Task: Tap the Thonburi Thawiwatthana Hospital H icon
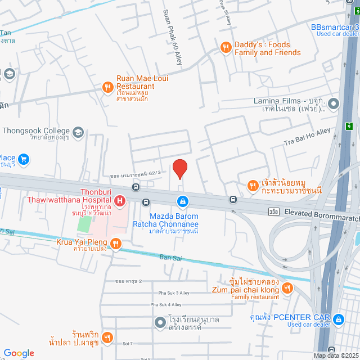(119, 201)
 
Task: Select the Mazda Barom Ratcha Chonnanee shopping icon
(183, 201)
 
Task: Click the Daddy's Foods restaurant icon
(225, 48)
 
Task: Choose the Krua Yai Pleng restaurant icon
(115, 243)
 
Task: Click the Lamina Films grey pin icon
(334, 103)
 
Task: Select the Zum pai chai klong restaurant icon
(287, 289)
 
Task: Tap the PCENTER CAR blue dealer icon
(338, 320)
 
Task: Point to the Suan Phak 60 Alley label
(172, 37)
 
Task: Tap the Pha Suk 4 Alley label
(166, 304)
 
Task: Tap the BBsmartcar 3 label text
(335, 26)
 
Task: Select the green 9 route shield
(349, 125)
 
